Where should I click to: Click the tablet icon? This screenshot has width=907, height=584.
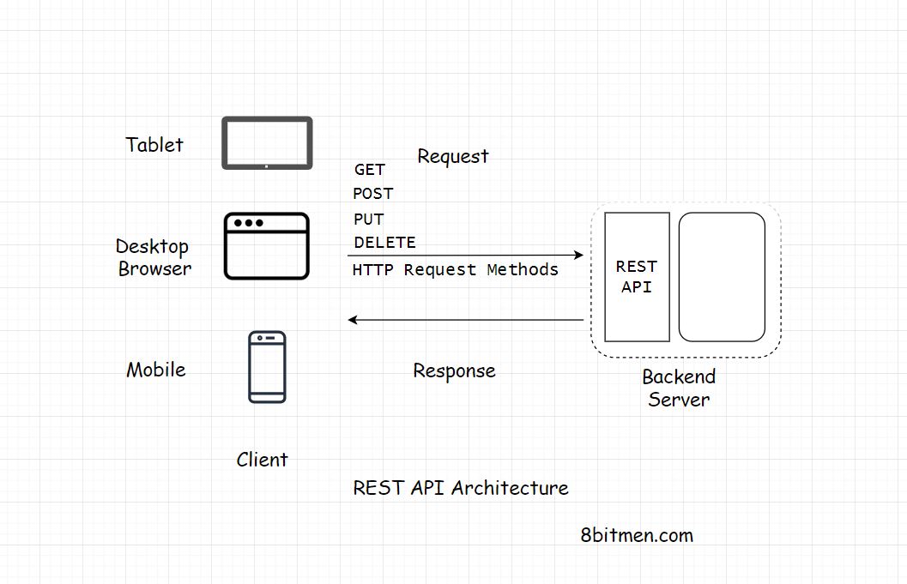point(267,143)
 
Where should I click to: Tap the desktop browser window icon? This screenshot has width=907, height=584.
point(266,246)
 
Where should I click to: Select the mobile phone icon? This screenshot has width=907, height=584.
point(267,367)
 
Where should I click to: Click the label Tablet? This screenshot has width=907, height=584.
point(154,145)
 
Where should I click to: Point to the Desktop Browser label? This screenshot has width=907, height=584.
point(154,257)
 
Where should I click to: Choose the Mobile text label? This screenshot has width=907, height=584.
point(156,370)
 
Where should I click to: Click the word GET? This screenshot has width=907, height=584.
point(370,170)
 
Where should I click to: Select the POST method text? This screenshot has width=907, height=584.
point(372,194)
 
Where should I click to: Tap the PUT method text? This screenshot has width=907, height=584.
point(368,219)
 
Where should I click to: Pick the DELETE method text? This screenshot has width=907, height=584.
point(384,243)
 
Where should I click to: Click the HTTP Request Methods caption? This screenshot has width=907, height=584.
point(455,269)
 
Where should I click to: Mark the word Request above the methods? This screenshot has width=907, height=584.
point(452,156)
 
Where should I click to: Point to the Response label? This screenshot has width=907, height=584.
point(454,370)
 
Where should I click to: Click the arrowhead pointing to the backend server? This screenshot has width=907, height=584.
point(579,255)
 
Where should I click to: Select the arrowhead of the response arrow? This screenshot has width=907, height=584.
point(353,320)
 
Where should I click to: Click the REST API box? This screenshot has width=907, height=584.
point(637,277)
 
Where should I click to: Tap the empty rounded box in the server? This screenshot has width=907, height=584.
point(722,277)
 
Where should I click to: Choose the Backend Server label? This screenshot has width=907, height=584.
point(679,388)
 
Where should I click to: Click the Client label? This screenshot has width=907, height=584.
point(262,460)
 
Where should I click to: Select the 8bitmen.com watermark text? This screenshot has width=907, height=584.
point(637,535)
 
